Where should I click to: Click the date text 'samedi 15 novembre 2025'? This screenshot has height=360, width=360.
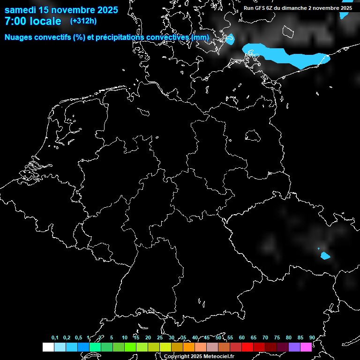coord(61,10)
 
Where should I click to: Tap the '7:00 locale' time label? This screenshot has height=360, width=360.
coord(33,21)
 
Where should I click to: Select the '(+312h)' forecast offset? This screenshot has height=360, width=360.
coord(83,21)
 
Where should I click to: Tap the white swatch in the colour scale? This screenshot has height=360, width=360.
coord(48,347)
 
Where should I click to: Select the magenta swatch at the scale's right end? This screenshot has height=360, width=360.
coord(306,347)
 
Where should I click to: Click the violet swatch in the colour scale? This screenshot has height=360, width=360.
coord(294,347)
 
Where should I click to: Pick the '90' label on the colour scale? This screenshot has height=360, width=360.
coord(312,338)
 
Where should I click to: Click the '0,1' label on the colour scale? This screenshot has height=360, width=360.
coord(55,338)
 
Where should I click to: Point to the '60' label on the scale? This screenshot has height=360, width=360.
coord(241,338)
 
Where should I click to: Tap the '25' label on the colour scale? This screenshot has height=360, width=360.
coord(159,338)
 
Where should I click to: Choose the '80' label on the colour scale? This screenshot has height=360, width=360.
coord(288,338)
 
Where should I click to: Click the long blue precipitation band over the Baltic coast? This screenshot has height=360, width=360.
coord(286,55)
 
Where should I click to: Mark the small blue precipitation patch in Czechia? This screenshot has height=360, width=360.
coord(325,255)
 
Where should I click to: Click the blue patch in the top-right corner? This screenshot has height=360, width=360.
coord(345,14)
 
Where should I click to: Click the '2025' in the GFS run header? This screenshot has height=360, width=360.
coord(345,8)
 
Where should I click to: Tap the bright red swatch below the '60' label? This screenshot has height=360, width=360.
coord(247,347)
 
